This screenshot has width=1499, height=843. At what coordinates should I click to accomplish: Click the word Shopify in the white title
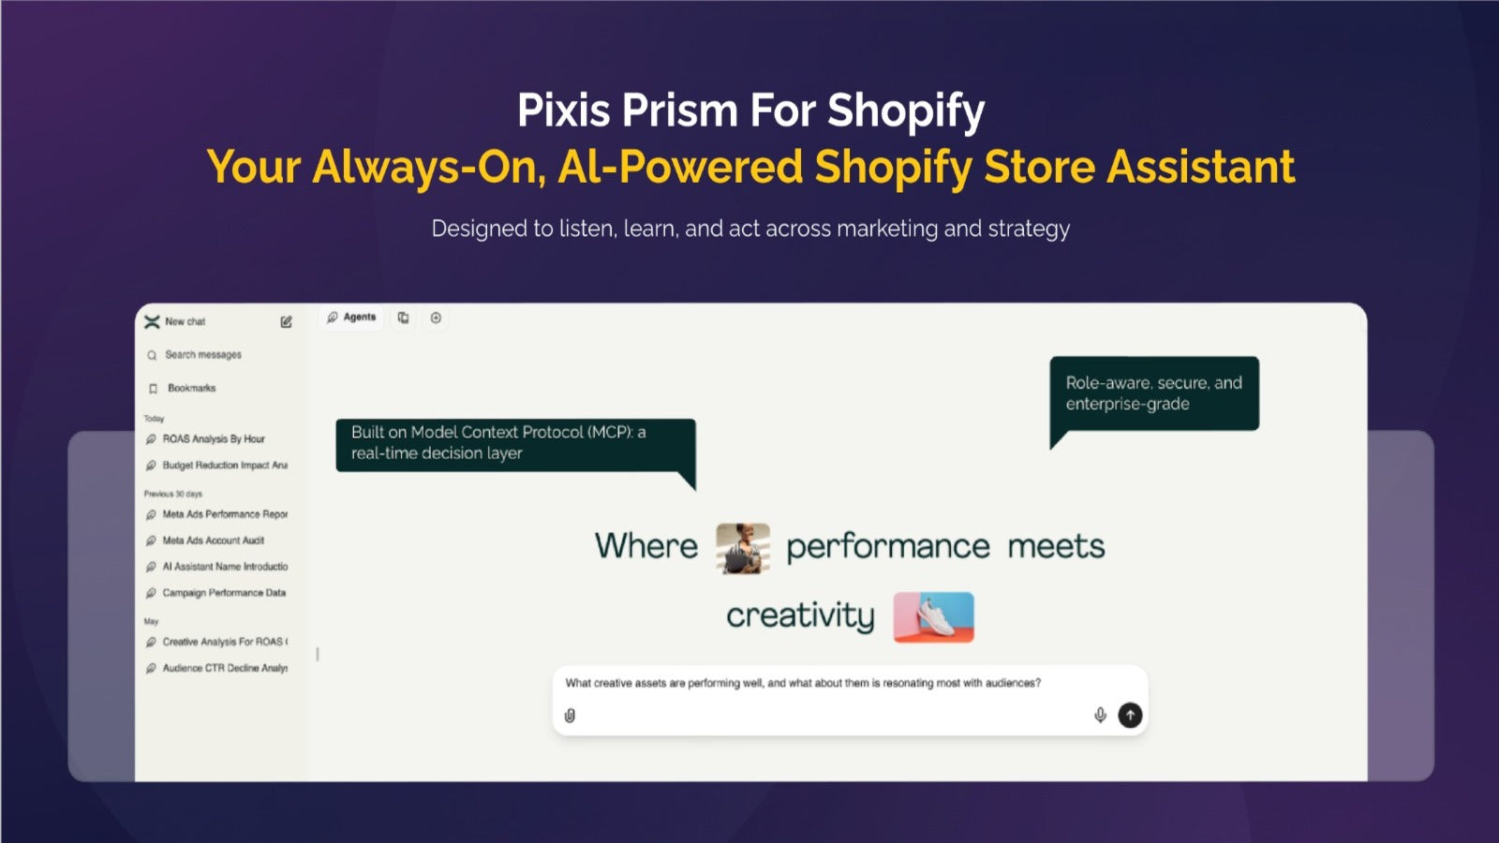click(x=906, y=111)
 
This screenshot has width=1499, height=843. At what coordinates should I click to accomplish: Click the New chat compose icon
click(x=286, y=322)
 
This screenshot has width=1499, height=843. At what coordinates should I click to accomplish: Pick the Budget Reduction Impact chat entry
click(x=216, y=465)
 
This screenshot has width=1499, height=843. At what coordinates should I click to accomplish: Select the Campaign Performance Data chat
click(x=216, y=593)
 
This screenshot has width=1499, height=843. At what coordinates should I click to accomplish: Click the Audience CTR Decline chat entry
click(x=216, y=668)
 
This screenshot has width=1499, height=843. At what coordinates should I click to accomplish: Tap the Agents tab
click(x=351, y=318)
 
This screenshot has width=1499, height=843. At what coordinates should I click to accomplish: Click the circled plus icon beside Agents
click(x=436, y=318)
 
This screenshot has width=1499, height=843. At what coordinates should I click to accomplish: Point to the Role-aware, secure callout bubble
click(x=1154, y=394)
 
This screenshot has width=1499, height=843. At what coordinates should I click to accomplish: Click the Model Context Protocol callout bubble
click(x=515, y=446)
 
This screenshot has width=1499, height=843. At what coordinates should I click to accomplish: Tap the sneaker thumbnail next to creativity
click(x=933, y=617)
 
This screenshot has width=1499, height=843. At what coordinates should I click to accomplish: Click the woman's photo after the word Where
click(x=743, y=548)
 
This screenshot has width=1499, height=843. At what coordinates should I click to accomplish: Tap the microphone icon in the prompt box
click(x=1100, y=716)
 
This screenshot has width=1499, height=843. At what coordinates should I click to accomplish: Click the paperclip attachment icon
click(x=570, y=716)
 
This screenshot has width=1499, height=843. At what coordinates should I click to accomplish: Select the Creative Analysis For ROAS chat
click(x=216, y=642)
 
